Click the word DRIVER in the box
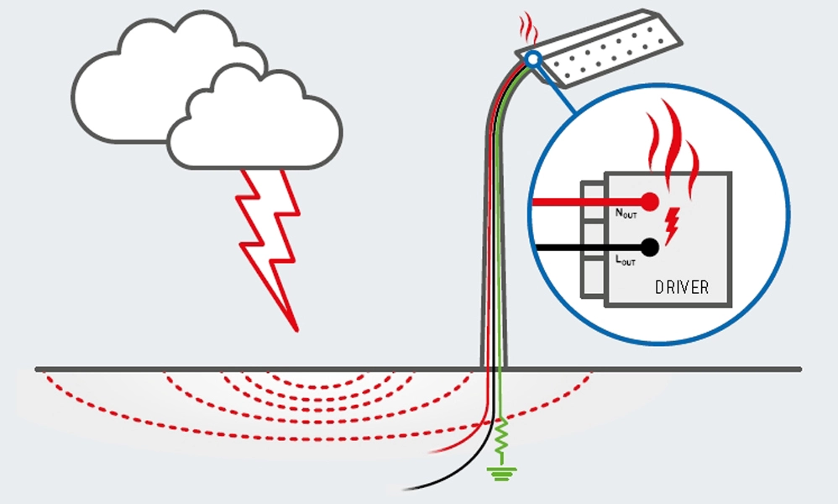click(x=681, y=287)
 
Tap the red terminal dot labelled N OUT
click(x=648, y=202)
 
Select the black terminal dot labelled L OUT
click(x=648, y=248)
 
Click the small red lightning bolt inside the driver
click(x=671, y=222)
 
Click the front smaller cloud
click(x=252, y=126)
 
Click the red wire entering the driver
click(x=571, y=202)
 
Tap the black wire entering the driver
click(x=571, y=248)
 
